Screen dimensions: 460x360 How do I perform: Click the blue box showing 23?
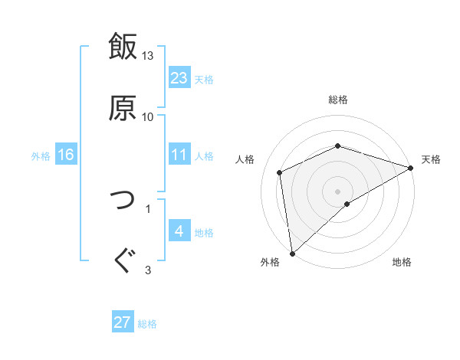click(x=179, y=78)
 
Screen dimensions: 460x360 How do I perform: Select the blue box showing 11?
click(x=179, y=155)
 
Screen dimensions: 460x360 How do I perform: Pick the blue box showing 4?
click(x=179, y=231)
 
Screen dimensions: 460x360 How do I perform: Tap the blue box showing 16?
click(x=66, y=155)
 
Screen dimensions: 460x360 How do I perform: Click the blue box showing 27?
click(x=123, y=322)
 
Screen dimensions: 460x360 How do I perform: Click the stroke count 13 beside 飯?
click(x=148, y=56)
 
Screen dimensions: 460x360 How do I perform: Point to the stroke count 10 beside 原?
click(x=148, y=116)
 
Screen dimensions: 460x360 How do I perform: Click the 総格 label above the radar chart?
click(x=338, y=100)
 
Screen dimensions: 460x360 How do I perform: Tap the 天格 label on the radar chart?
click(x=431, y=159)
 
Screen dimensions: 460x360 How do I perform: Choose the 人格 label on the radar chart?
click(x=245, y=159)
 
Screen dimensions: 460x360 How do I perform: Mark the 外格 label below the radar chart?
click(x=270, y=263)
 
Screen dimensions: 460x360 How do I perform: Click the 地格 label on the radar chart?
click(x=402, y=263)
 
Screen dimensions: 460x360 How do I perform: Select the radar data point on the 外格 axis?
click(x=291, y=254)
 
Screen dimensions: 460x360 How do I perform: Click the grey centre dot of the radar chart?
click(x=338, y=191)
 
